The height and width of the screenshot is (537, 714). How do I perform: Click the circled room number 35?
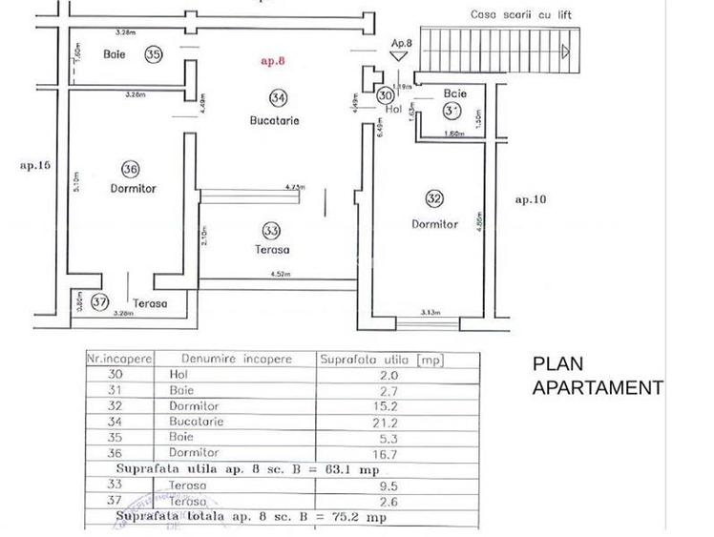(153, 54)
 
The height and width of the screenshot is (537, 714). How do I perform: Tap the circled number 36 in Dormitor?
(131, 169)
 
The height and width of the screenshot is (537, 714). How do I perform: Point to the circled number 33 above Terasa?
(271, 230)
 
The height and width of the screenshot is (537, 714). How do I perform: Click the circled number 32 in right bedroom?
(434, 198)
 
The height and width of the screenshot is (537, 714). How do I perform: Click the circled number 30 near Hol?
(385, 95)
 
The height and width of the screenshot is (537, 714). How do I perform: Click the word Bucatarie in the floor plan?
(275, 121)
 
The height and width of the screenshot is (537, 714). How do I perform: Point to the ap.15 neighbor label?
(34, 165)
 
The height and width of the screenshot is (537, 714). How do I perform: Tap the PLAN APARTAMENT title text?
(596, 376)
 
